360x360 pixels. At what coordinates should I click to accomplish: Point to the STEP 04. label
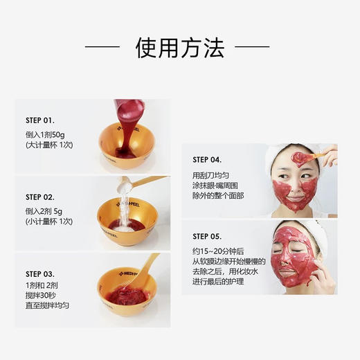point(207,159)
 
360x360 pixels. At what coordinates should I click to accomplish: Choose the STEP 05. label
point(207,235)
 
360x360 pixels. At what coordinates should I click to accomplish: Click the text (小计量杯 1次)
point(49,222)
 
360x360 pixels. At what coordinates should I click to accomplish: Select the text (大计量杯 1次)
point(49,145)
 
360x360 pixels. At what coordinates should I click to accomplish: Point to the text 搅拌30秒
point(44,295)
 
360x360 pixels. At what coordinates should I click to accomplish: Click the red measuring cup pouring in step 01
point(129,112)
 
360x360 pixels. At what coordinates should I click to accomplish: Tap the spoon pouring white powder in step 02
point(141,181)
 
